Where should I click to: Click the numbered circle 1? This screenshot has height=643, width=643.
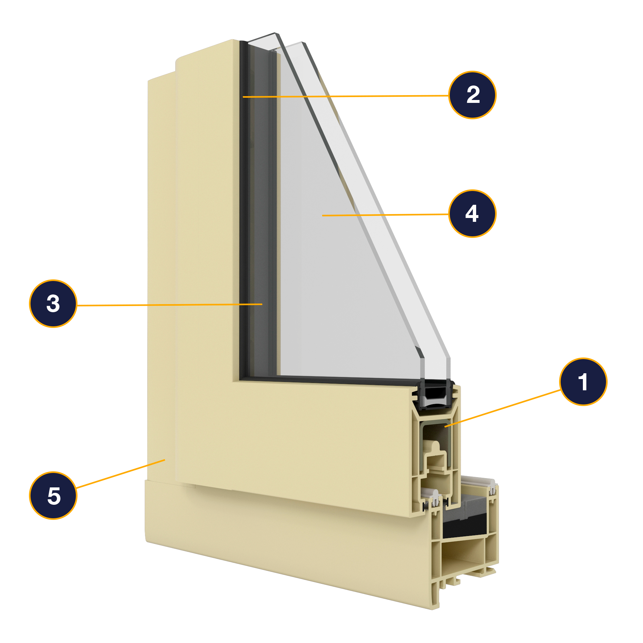583,382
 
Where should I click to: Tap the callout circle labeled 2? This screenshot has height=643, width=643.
472,95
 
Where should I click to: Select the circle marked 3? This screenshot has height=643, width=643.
53,303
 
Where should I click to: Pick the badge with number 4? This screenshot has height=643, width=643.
472,214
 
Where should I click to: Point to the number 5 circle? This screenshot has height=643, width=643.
53,495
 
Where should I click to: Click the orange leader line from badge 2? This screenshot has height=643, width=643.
346,96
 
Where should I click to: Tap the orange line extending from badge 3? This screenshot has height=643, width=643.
167,304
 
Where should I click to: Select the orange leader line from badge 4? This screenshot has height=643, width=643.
386,215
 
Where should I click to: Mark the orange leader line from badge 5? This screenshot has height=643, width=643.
120,474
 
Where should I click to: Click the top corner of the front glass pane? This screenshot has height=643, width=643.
275,34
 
